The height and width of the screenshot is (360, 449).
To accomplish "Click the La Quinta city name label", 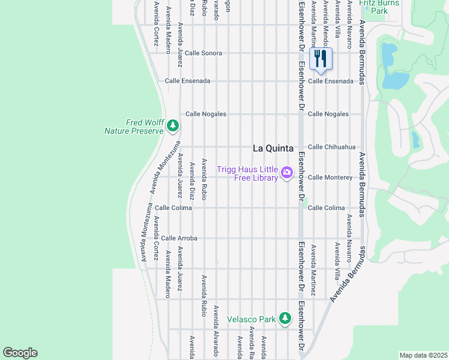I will coord(273,148).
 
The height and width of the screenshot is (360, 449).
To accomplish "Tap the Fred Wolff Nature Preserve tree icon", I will coord(173,125).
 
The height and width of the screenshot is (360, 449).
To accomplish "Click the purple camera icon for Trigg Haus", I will coord(287,173).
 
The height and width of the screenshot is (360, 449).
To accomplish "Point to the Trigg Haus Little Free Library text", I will coord(247,173).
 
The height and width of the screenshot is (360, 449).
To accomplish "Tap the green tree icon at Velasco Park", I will coord(284,318).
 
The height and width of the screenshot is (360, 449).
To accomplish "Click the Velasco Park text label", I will coord(251,319).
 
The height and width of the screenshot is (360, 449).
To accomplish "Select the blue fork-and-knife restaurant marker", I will coord(321,59).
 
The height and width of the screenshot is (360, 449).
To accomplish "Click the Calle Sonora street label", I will coord(203,53).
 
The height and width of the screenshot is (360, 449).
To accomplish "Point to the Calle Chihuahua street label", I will coord(331,146).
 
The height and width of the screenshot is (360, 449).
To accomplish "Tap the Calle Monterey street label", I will coord(330,177).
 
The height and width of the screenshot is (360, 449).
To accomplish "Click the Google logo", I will coord(20,353).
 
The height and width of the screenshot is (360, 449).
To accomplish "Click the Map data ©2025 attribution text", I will coord(423,355).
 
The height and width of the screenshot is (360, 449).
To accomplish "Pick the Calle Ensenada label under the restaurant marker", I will coord(330,80).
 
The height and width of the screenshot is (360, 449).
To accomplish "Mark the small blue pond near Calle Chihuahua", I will coord(415,139).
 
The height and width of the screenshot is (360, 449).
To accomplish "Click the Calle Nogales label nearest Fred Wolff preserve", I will coord(205,113).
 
